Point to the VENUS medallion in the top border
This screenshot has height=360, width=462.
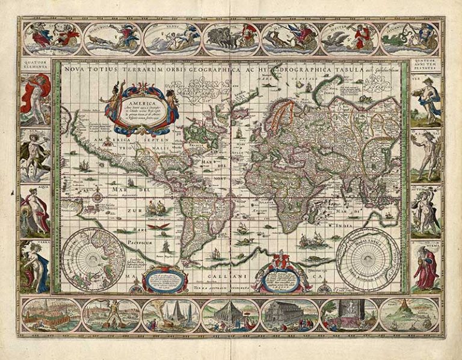pyautogui.click(x=171, y=39)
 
